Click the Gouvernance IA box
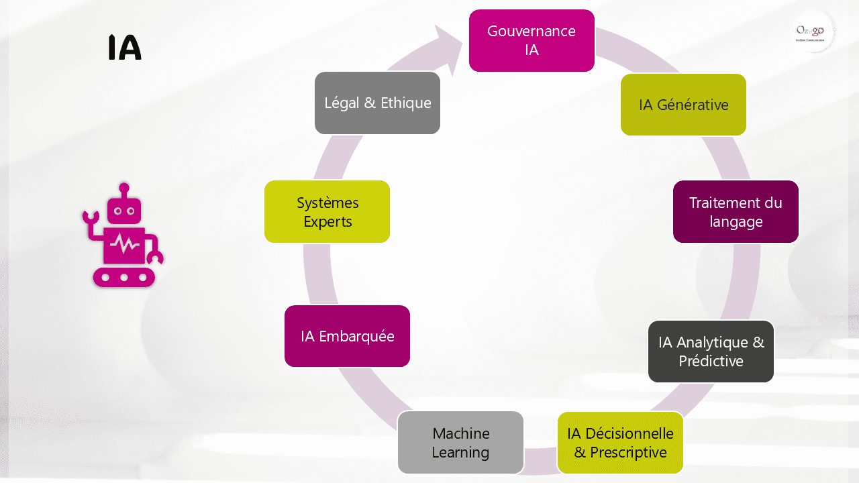(532, 40)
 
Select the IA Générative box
(683, 105)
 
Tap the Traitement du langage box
(736, 211)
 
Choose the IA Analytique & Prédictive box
(711, 352)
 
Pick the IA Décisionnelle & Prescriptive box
(620, 443)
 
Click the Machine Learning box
(460, 443)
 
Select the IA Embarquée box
(347, 336)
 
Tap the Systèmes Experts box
(327, 211)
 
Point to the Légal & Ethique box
(377, 103)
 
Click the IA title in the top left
(125, 48)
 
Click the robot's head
(124, 210)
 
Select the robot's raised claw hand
(90, 219)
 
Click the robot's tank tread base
(124, 276)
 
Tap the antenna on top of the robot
(124, 189)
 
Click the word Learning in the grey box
(460, 452)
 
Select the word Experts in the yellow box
(327, 221)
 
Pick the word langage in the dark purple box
(736, 221)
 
